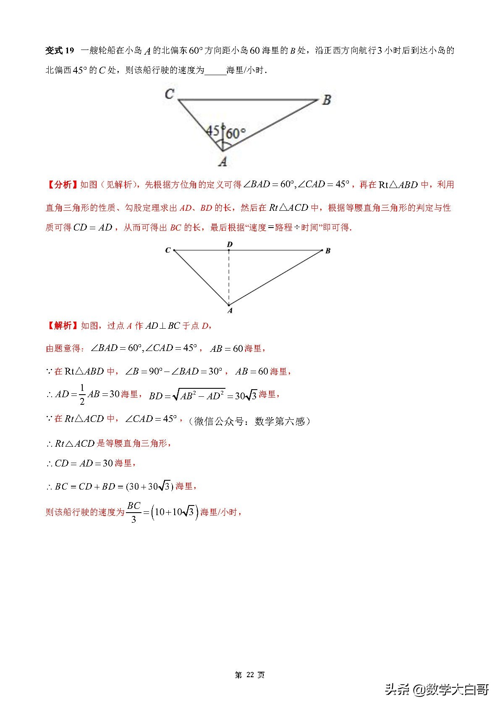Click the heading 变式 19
(x=60, y=51)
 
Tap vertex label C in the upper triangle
(x=169, y=94)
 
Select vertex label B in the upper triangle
(x=327, y=100)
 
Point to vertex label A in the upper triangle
(x=223, y=161)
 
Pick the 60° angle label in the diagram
(x=236, y=134)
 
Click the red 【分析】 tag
(x=62, y=185)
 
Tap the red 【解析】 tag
(x=62, y=326)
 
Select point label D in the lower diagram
(x=229, y=244)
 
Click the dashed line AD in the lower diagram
(x=229, y=277)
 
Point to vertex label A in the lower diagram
(x=230, y=311)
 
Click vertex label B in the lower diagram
(x=328, y=251)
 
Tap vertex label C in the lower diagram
(x=168, y=250)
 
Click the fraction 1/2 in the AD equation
(x=82, y=395)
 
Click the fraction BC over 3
(x=134, y=512)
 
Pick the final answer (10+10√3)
(x=174, y=512)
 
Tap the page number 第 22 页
(x=250, y=675)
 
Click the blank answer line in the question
(x=215, y=71)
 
